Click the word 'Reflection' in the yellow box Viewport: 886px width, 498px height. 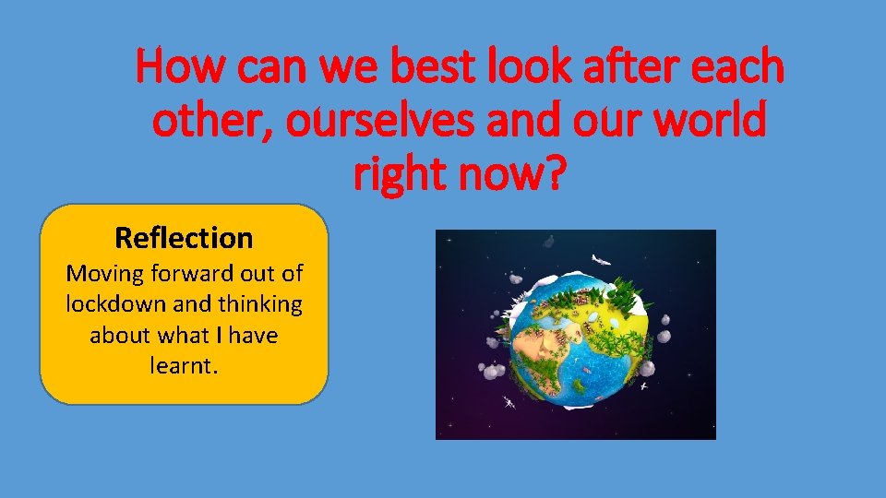tap(184, 238)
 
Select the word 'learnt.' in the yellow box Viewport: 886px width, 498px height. tap(184, 366)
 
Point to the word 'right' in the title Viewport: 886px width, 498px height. tap(402, 174)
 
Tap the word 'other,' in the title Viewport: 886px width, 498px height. tap(210, 122)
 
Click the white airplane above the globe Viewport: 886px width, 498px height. tap(601, 260)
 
